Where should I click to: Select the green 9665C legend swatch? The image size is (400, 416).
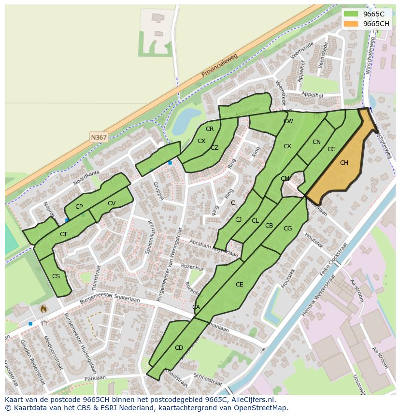point(351,14)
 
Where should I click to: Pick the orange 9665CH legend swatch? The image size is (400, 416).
point(351,24)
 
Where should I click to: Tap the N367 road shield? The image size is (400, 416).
point(99,138)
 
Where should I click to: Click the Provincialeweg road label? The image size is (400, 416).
point(220,66)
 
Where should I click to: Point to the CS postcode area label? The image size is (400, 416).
point(56,276)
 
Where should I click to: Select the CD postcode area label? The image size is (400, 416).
point(179,348)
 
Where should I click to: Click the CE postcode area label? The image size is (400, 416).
point(240,285)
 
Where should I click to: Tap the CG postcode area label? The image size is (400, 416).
point(287,229)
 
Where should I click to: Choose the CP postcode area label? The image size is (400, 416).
point(79,207)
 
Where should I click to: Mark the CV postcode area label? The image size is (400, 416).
point(112,203)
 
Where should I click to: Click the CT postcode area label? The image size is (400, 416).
point(63,234)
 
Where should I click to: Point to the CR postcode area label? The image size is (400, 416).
point(210,129)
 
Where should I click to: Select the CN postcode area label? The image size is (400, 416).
point(316,142)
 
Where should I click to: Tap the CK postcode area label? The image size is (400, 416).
point(287,146)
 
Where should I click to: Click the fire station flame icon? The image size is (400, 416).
point(43,308)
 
